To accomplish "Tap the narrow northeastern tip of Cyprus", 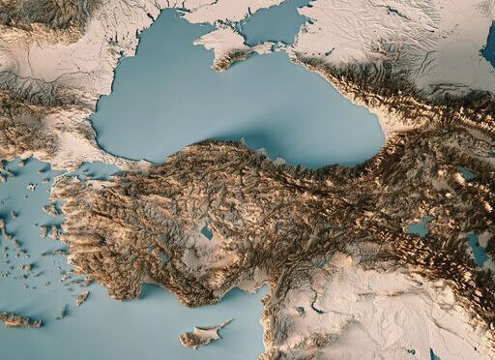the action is [x=228, y=323].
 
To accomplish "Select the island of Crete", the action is [x=19, y=319].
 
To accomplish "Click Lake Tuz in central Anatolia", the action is [x=206, y=231].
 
